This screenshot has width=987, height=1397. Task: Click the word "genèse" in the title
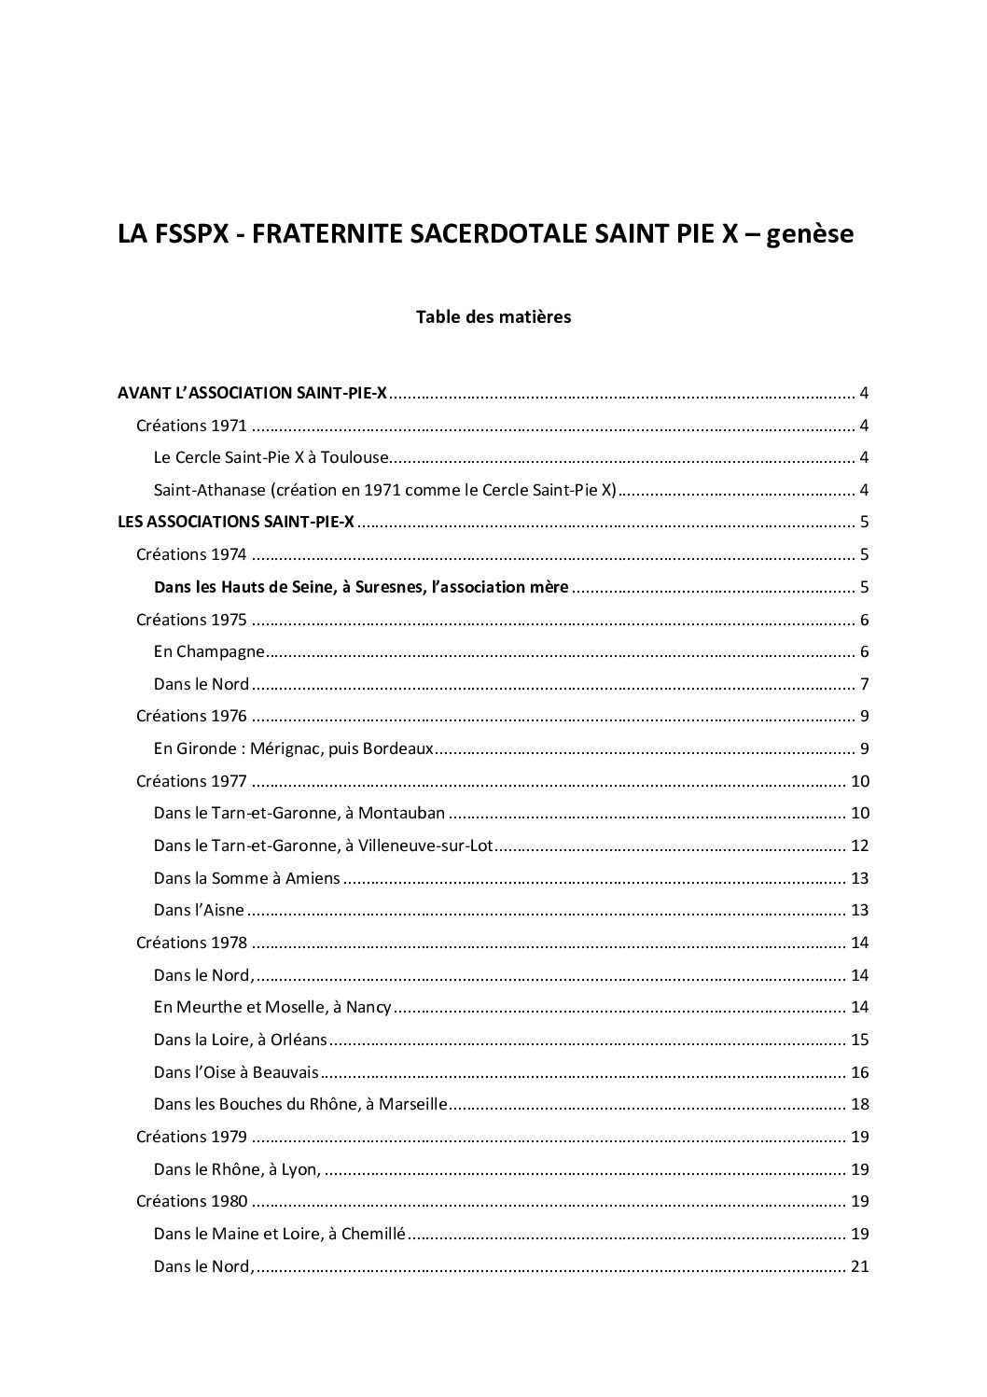click(810, 234)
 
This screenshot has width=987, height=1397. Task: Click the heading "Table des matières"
click(493, 317)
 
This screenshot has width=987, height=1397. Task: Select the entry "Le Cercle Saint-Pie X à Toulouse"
click(271, 458)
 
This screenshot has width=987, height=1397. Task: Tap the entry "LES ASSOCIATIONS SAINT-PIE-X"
click(236, 523)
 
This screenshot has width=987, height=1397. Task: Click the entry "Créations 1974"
click(191, 555)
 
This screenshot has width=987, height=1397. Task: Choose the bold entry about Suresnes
click(361, 588)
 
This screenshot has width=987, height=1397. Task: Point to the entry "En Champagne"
click(209, 652)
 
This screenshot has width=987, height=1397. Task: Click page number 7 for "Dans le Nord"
click(865, 685)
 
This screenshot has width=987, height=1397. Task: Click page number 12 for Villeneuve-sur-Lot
click(860, 846)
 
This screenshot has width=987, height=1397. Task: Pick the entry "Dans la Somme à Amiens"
click(247, 878)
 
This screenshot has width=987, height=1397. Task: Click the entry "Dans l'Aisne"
click(199, 911)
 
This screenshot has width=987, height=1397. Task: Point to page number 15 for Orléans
click(860, 1041)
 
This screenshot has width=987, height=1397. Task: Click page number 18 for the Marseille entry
click(860, 1105)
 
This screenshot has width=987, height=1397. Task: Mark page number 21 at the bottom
click(860, 1266)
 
